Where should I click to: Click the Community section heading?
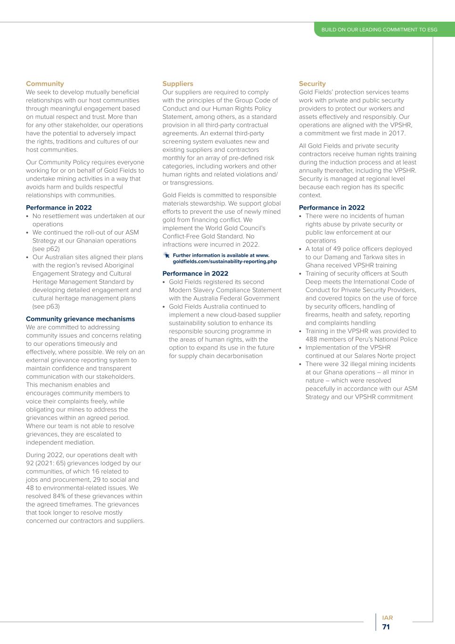(x=45, y=84)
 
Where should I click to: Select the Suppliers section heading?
(x=178, y=84)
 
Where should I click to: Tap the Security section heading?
(x=312, y=84)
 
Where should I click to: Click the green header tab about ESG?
(x=379, y=30)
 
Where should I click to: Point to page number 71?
(x=386, y=627)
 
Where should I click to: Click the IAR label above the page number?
(x=387, y=618)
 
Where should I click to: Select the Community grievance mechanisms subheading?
(x=80, y=319)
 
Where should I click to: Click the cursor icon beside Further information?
(x=166, y=255)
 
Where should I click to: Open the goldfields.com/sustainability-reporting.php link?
(x=224, y=261)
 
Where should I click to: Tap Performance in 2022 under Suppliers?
(x=195, y=273)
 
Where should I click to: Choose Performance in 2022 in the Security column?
(x=331, y=208)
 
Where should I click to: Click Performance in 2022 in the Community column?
(x=59, y=208)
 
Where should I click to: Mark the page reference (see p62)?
(x=46, y=249)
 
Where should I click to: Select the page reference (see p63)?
(x=46, y=306)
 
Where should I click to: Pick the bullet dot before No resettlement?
(x=28, y=216)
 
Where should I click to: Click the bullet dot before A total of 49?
(x=301, y=249)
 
